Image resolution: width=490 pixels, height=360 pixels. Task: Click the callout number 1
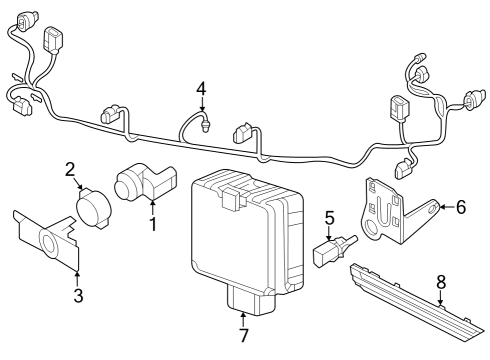153,224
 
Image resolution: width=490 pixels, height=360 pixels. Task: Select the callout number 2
70,169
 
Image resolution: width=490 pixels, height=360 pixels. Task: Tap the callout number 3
78,295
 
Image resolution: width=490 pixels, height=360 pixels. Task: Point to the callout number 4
201,89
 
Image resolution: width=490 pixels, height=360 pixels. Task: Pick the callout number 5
329,218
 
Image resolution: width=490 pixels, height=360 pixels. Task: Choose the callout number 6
461,207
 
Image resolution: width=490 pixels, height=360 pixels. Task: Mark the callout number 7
244,335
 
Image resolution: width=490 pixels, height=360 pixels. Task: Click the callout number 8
441,282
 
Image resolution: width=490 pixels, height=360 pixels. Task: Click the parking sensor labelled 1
146,182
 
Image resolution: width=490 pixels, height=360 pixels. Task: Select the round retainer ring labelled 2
94,209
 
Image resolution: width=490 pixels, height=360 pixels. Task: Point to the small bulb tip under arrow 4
205,127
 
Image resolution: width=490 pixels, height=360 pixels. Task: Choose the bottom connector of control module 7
251,299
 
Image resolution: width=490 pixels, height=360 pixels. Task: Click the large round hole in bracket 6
371,227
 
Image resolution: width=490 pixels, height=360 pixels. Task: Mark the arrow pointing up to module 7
243,319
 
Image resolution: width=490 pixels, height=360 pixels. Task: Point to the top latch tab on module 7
232,199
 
